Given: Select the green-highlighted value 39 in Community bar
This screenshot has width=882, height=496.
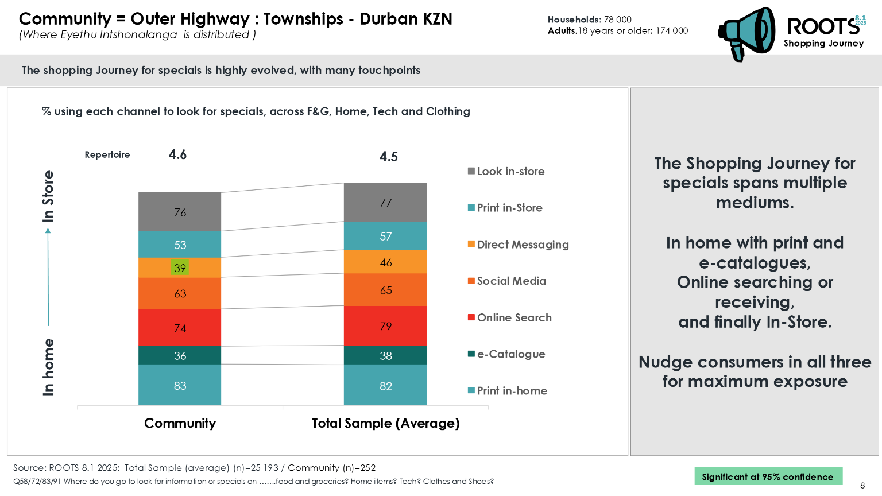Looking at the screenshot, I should tap(180, 268).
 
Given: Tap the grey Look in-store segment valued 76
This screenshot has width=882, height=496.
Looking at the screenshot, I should tap(180, 212).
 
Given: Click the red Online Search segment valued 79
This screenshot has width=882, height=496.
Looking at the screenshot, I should tap(385, 326).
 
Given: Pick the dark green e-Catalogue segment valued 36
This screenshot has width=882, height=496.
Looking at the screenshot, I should tap(180, 355).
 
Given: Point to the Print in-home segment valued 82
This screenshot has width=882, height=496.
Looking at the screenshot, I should tap(385, 385).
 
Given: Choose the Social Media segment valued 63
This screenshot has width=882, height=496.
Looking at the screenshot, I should tap(180, 293).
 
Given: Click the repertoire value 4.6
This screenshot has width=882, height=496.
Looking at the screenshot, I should tap(177, 154).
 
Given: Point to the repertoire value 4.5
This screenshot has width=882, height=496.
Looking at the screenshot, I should tap(389, 157).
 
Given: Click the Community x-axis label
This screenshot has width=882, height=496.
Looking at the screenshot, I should tap(180, 423).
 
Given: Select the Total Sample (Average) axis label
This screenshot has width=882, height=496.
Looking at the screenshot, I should tap(385, 423).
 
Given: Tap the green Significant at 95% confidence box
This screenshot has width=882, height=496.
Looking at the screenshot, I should tap(768, 476).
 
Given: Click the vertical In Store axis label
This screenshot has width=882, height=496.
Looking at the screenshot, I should tap(48, 196).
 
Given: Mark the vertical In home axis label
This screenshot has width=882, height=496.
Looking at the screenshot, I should tap(48, 367).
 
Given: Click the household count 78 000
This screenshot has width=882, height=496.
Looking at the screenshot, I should tap(617, 20).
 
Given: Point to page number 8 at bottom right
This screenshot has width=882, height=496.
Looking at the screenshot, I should tap(862, 486).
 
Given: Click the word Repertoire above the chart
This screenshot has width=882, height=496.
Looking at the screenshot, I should tap(107, 154).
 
